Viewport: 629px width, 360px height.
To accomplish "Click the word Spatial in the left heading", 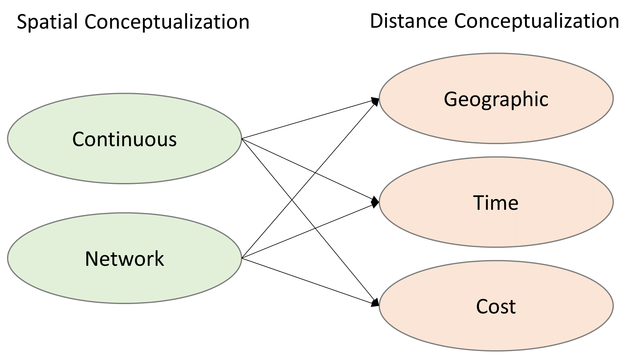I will click(x=47, y=22).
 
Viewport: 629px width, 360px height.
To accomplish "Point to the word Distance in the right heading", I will click(x=409, y=21).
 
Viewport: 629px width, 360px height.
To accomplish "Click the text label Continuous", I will click(x=125, y=139).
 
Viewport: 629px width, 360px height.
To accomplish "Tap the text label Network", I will click(x=125, y=259).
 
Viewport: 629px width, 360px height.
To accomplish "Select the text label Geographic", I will click(x=496, y=99).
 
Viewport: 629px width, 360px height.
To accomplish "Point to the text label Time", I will click(x=496, y=203).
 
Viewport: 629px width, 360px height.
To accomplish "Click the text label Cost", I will click(x=496, y=306).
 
